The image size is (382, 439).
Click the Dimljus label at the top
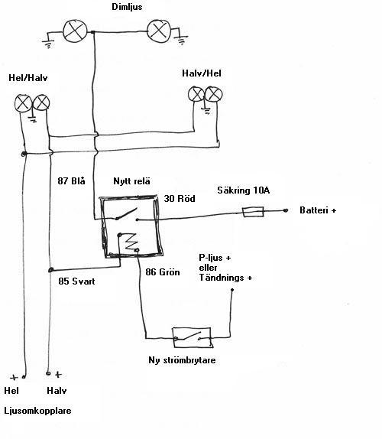pyautogui.click(x=127, y=7)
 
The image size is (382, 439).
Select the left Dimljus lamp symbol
pyautogui.click(x=75, y=31)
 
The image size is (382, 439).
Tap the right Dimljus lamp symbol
pyautogui.click(x=159, y=31)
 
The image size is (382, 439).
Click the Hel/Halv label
pyautogui.click(x=28, y=78)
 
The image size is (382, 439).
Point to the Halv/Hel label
pyautogui.click(x=202, y=73)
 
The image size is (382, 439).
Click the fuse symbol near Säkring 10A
pyautogui.click(x=253, y=212)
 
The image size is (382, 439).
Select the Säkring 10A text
pyautogui.click(x=243, y=190)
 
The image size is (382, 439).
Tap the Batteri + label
pyautogui.click(x=318, y=210)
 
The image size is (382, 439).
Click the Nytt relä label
pyautogui.click(x=131, y=180)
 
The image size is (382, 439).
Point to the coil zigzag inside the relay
pyautogui.click(x=131, y=242)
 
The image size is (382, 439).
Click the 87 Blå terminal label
pyautogui.click(x=71, y=180)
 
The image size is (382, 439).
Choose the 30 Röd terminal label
pyautogui.click(x=180, y=199)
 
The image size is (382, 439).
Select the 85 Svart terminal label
pyautogui.click(x=76, y=281)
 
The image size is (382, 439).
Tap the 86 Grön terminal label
pyautogui.click(x=163, y=272)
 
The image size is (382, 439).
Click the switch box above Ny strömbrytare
pyautogui.click(x=192, y=337)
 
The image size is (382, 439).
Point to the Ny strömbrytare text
pyautogui.click(x=182, y=359)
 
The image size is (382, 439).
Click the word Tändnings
pyautogui.click(x=218, y=278)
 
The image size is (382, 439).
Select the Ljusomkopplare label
pyautogui.click(x=37, y=411)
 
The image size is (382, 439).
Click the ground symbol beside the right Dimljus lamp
pyautogui.click(x=182, y=40)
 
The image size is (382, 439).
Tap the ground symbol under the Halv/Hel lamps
pyautogui.click(x=206, y=111)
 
